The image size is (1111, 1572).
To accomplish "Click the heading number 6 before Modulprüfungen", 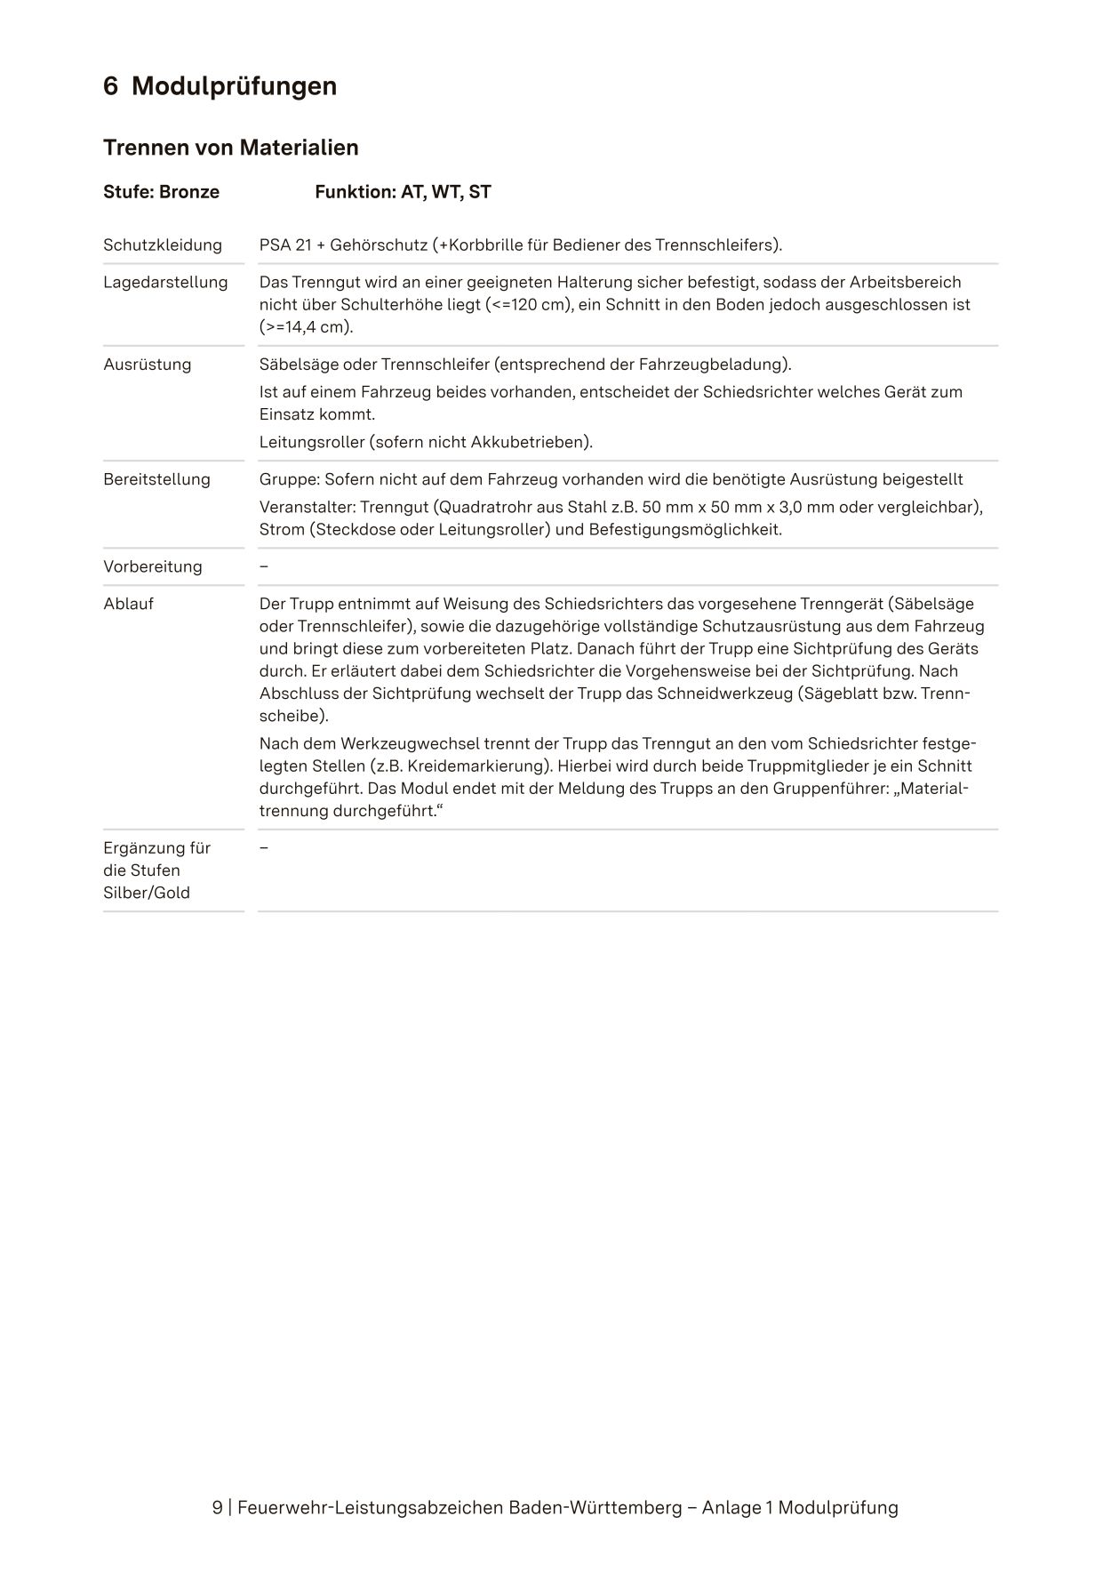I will pos(111,86).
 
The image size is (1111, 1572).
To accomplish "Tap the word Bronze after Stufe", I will pos(189,192).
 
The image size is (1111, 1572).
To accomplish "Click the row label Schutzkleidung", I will pos(163,245).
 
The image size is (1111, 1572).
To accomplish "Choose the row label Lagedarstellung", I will pos(165,282).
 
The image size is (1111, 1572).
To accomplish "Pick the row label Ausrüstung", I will pos(148,364).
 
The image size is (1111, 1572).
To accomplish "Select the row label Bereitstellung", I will pos(156,479).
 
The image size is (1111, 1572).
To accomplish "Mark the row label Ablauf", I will pos(128,604).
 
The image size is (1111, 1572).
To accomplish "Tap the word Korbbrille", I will pos(485,245).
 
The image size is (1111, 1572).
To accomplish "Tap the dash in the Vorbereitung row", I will pos(264,566).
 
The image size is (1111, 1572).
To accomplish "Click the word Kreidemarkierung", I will pos(476,766).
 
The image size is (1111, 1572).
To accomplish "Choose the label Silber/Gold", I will pos(147,893).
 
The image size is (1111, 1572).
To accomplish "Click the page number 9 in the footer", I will pos(218,1508).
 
